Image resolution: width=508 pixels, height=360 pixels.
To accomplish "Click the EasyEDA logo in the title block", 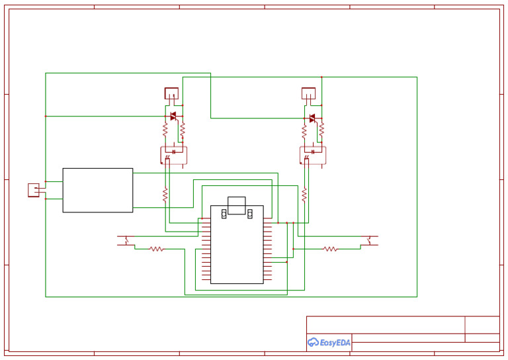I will [329, 342].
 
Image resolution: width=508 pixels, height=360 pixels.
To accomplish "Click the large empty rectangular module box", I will [98, 190].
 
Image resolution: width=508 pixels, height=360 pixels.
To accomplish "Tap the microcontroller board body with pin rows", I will [237, 251].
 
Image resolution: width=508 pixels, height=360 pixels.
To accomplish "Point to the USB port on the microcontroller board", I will [236, 204].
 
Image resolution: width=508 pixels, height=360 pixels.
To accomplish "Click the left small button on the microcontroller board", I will [224, 212].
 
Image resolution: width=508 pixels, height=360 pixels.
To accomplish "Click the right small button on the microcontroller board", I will [251, 212].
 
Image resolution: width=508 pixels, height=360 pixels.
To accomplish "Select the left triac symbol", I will [173, 117].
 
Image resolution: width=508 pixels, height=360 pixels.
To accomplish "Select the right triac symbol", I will [312, 118].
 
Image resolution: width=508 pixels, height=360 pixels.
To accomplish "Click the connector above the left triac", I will [171, 93].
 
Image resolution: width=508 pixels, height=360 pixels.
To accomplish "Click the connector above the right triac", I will [308, 93].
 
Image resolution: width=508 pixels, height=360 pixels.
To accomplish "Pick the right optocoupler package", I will [312, 155].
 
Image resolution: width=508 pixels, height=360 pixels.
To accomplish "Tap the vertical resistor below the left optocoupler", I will [165, 195].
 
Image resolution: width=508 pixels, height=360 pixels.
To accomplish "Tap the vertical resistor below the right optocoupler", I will [304, 195].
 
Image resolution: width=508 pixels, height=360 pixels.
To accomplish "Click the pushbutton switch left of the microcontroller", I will [126, 240].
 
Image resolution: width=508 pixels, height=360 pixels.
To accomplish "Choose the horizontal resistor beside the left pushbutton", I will [156, 249].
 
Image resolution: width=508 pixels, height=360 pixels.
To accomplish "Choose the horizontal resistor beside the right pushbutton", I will [330, 249].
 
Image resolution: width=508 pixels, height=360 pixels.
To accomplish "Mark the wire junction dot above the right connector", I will [321, 77].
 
